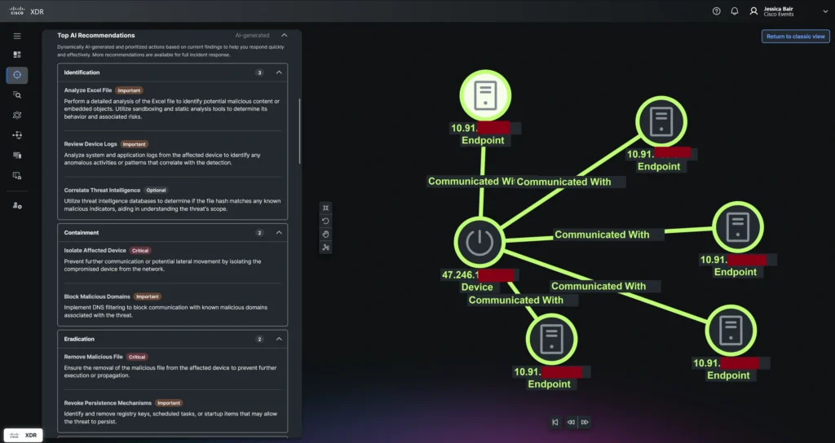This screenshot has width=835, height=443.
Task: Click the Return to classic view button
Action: pos(795,37)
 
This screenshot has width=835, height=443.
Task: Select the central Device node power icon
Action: pos(479,242)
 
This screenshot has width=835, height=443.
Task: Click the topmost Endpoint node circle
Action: pos(484,95)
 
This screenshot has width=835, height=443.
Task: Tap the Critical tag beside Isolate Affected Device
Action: pos(140,251)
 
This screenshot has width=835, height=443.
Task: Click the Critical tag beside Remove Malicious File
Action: pos(137,357)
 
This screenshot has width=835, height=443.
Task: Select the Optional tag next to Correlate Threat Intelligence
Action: pos(155,191)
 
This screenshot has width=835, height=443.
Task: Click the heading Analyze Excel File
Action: pos(88,90)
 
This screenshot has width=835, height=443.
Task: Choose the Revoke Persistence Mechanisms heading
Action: pos(108,403)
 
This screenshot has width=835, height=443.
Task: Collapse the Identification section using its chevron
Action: pos(279,72)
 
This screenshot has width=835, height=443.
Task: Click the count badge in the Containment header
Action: pos(259,233)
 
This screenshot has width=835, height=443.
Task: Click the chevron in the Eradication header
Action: pos(279,339)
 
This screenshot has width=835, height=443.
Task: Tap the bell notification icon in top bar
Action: pos(734,11)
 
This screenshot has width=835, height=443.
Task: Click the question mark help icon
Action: pos(716,11)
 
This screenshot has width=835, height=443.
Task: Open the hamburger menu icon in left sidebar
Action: pos(17,37)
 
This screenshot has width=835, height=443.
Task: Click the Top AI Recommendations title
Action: pos(96,36)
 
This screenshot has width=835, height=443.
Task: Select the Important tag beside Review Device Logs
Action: pos(134,144)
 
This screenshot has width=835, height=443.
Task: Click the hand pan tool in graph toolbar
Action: pos(326,234)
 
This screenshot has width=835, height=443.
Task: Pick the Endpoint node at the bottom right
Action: pos(729,331)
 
